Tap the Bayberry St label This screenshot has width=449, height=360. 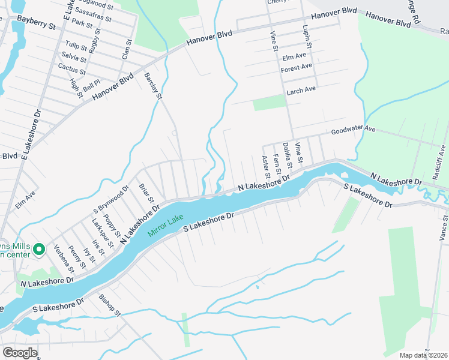(x=36, y=26)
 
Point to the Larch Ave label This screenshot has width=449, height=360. (x=301, y=89)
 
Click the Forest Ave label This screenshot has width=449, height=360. (x=297, y=68)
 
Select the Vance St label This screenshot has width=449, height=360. (x=444, y=229)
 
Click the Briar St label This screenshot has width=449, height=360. (x=147, y=193)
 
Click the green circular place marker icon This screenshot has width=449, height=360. (x=39, y=248)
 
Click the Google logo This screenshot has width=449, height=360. (x=20, y=353)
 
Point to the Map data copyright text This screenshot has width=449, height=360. (x=423, y=355)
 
